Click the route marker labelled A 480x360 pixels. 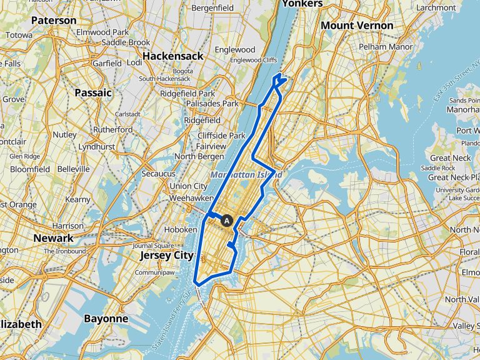pos(227,220)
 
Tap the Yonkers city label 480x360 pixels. pos(302,4)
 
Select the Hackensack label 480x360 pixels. pos(172,56)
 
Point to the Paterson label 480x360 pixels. pos(53,21)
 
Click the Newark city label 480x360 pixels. pos(54,238)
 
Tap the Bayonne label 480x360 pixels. pos(106,319)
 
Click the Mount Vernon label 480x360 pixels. pos(357,26)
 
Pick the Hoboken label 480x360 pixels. pos(177,229)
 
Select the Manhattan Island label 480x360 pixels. pos(246,175)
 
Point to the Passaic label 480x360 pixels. pos(92,92)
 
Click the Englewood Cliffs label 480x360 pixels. pos(253,60)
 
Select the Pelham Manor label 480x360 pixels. pos(386,47)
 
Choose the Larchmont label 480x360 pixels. pos(436,7)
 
